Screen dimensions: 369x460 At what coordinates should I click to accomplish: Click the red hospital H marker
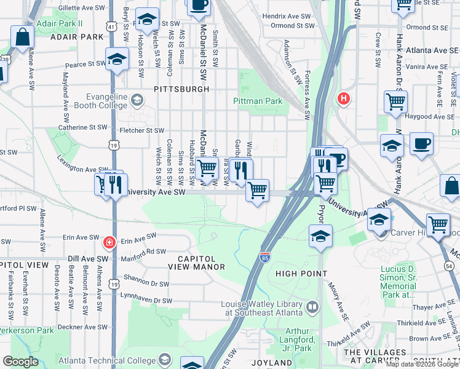(x=343, y=98)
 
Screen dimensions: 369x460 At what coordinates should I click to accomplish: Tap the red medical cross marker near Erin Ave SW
(x=109, y=242)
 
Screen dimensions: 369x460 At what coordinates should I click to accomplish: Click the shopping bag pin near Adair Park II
(x=22, y=37)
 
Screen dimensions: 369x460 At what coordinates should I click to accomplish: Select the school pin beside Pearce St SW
(x=116, y=60)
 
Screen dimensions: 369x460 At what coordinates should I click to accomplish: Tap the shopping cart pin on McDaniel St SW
(x=208, y=167)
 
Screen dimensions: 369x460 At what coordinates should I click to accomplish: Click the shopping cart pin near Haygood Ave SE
(x=395, y=101)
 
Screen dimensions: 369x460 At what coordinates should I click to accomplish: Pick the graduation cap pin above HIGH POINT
(x=319, y=236)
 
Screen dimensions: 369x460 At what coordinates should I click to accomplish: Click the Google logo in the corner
(x=21, y=362)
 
